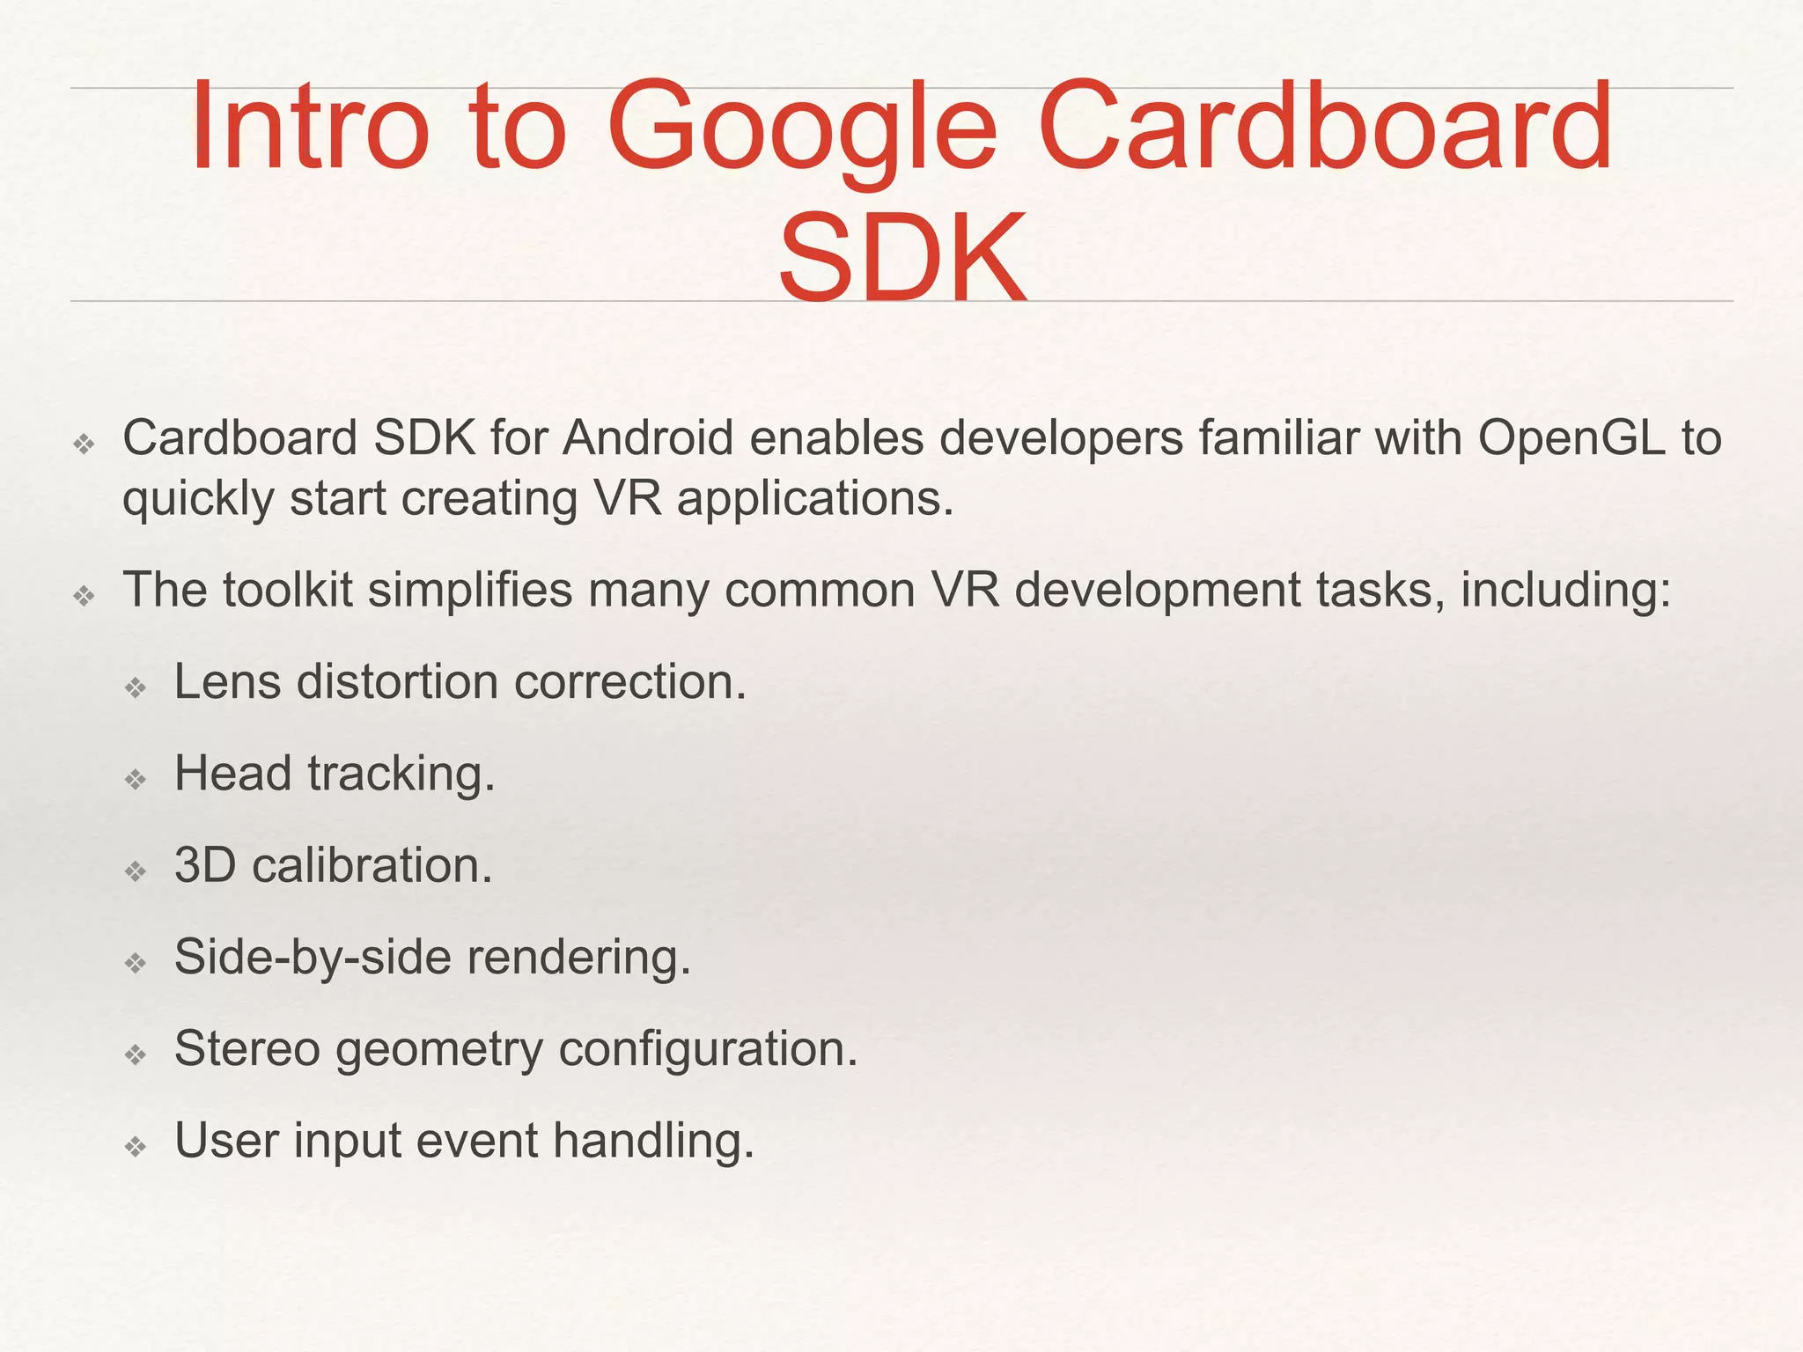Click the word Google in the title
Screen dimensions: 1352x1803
point(801,128)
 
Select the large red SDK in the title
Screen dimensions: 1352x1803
point(902,258)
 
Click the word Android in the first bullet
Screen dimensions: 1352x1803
point(648,437)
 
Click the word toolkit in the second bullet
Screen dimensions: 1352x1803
point(287,590)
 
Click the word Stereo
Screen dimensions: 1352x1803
point(247,1048)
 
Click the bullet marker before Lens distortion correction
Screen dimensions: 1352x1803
point(136,687)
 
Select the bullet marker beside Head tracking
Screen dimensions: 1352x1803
point(136,779)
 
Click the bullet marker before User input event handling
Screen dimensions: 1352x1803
point(136,1146)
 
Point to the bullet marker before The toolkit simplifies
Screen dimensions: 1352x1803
point(84,596)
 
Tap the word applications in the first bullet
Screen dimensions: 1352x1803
point(815,498)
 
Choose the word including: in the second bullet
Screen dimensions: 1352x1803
point(1565,591)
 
